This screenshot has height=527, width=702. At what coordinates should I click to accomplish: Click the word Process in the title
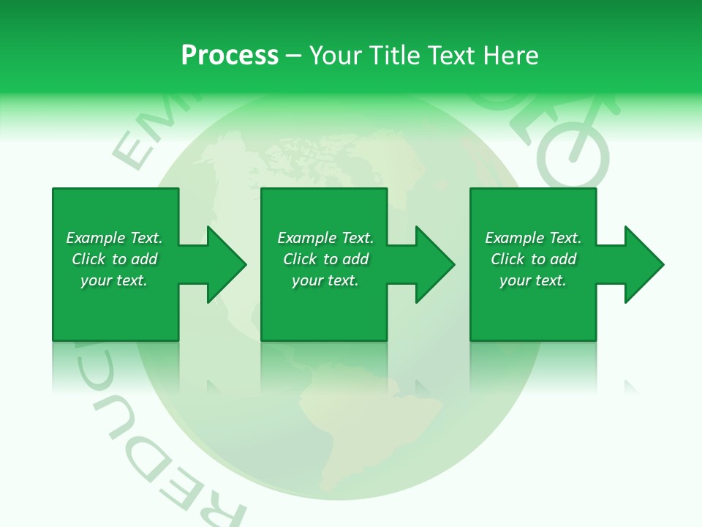(x=230, y=56)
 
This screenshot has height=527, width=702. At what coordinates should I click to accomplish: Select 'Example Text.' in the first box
(x=114, y=238)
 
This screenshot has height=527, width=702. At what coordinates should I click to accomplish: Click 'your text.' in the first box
(x=114, y=280)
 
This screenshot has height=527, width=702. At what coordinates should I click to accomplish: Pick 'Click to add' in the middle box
(x=325, y=259)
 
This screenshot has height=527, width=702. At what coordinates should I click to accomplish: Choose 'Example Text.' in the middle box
(x=325, y=238)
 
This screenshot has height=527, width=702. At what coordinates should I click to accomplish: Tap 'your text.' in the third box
(x=533, y=280)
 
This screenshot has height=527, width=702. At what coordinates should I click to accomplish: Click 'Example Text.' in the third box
(x=533, y=238)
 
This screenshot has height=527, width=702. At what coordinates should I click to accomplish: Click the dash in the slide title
(x=294, y=56)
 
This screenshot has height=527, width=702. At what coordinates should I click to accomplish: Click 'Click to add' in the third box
(x=533, y=259)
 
